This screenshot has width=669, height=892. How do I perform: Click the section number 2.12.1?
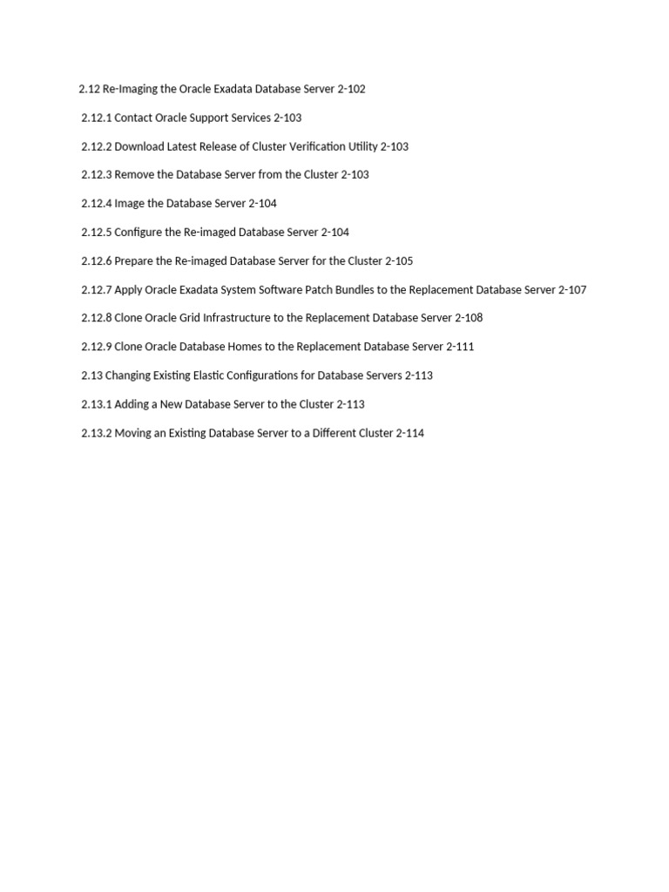[96, 118]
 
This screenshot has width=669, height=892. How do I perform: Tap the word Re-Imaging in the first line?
[131, 89]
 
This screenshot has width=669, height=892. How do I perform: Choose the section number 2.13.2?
[96, 433]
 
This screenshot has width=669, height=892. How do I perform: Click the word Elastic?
[221, 375]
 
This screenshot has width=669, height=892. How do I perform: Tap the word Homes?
[245, 347]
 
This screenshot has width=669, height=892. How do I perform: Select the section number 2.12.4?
[96, 203]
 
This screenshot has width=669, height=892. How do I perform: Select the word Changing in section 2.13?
[130, 375]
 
